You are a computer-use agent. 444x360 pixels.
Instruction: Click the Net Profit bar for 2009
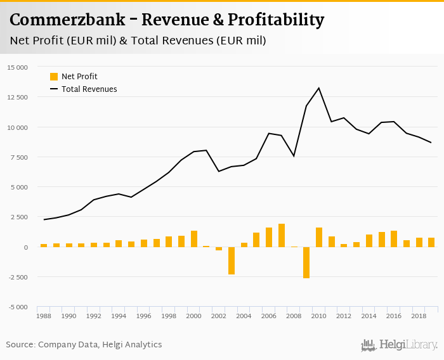coord(306,262)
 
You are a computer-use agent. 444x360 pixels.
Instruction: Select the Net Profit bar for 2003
coord(232,260)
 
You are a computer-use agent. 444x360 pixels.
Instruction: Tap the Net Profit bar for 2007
coord(282,235)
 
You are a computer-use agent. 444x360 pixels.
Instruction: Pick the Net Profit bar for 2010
coord(319,237)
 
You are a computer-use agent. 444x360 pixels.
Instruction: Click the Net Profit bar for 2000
coord(194,239)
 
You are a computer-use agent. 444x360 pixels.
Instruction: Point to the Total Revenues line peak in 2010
coord(319,88)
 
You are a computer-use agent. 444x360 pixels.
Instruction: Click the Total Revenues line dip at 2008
coord(294,156)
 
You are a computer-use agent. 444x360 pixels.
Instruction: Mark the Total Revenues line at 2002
coord(219,171)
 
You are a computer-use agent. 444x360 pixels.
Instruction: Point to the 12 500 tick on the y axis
coord(17,97)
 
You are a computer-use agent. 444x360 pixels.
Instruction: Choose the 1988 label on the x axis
coord(44,315)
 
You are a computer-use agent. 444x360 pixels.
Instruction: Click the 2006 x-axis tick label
coord(269,315)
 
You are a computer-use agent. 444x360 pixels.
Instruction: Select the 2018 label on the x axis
coord(419,315)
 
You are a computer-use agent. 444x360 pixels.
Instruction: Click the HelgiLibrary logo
coord(400,345)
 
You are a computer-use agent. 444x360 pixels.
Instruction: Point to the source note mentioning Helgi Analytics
coord(84,345)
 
